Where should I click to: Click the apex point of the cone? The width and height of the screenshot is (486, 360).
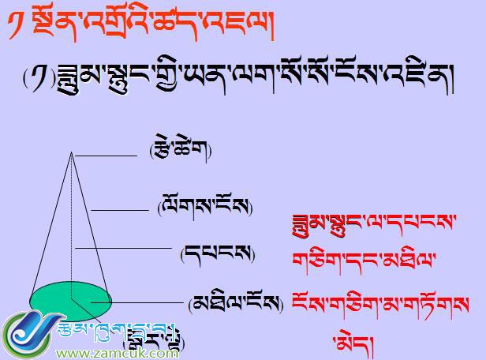point(72,152)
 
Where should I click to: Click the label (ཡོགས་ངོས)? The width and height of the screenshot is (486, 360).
point(204,208)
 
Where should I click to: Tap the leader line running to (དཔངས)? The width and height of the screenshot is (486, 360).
point(122,248)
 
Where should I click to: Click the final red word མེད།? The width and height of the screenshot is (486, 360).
point(350,342)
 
